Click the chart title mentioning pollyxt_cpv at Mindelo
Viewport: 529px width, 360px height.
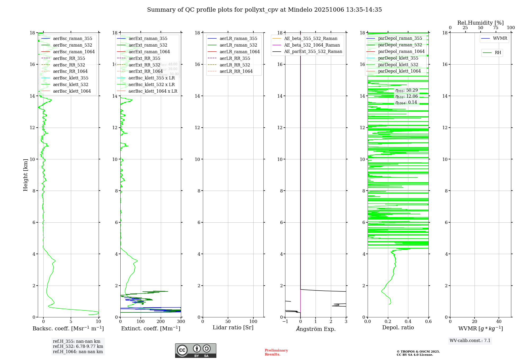(x=264, y=10)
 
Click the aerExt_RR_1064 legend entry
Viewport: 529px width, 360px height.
(x=145, y=71)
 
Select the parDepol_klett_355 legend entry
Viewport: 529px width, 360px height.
(x=398, y=58)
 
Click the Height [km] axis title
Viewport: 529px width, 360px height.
(x=25, y=175)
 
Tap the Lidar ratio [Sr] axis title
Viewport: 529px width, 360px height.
(x=233, y=327)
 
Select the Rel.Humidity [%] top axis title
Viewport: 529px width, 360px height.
(x=480, y=23)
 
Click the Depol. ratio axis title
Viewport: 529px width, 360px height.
(x=398, y=327)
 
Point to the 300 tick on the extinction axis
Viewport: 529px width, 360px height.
(x=181, y=322)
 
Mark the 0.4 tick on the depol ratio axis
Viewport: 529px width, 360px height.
(x=408, y=322)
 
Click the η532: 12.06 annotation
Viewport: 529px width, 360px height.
(x=407, y=96)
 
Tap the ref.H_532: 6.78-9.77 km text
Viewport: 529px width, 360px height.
(x=78, y=346)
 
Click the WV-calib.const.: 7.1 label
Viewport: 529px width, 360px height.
(x=470, y=341)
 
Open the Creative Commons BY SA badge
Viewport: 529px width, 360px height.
(x=195, y=350)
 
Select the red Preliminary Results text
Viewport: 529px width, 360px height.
(x=276, y=352)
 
